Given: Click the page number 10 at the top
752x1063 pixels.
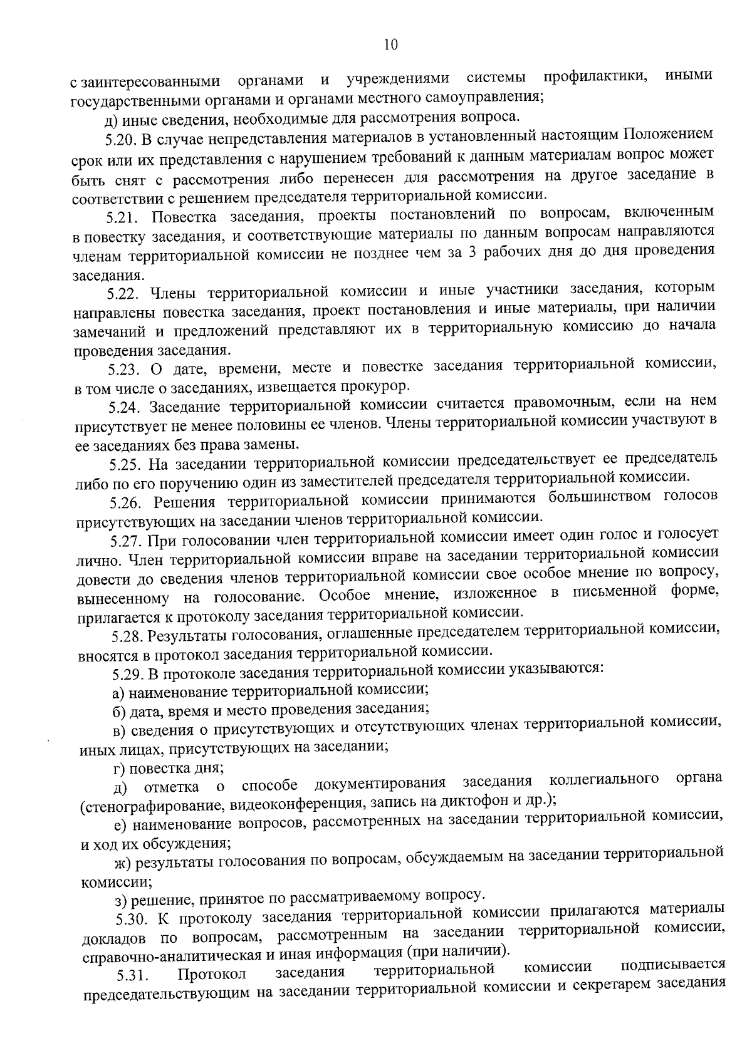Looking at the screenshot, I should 390,44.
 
